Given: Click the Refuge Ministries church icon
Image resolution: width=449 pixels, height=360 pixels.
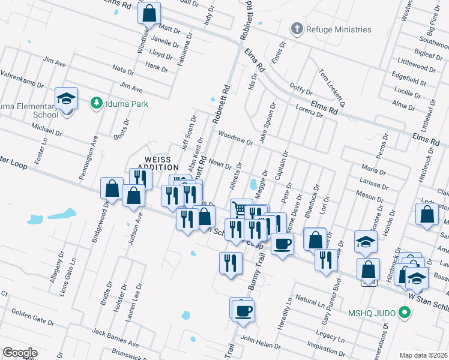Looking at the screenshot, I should (x=296, y=29).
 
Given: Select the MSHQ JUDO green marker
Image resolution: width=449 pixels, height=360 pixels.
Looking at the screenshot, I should (x=405, y=312).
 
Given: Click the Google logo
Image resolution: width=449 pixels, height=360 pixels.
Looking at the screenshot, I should (x=20, y=353).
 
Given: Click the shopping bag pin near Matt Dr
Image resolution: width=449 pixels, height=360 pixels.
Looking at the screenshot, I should (x=149, y=12).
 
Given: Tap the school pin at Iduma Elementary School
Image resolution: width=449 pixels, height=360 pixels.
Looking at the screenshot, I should (x=66, y=98).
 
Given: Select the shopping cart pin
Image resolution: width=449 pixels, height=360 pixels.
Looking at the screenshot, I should (x=241, y=209).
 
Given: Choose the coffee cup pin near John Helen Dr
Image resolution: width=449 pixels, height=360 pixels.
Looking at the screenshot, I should (x=243, y=311).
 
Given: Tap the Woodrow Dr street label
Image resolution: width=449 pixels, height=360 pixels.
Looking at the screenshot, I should (x=235, y=137).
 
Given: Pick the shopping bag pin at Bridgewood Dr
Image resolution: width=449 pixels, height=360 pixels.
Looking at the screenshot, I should (x=112, y=188).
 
